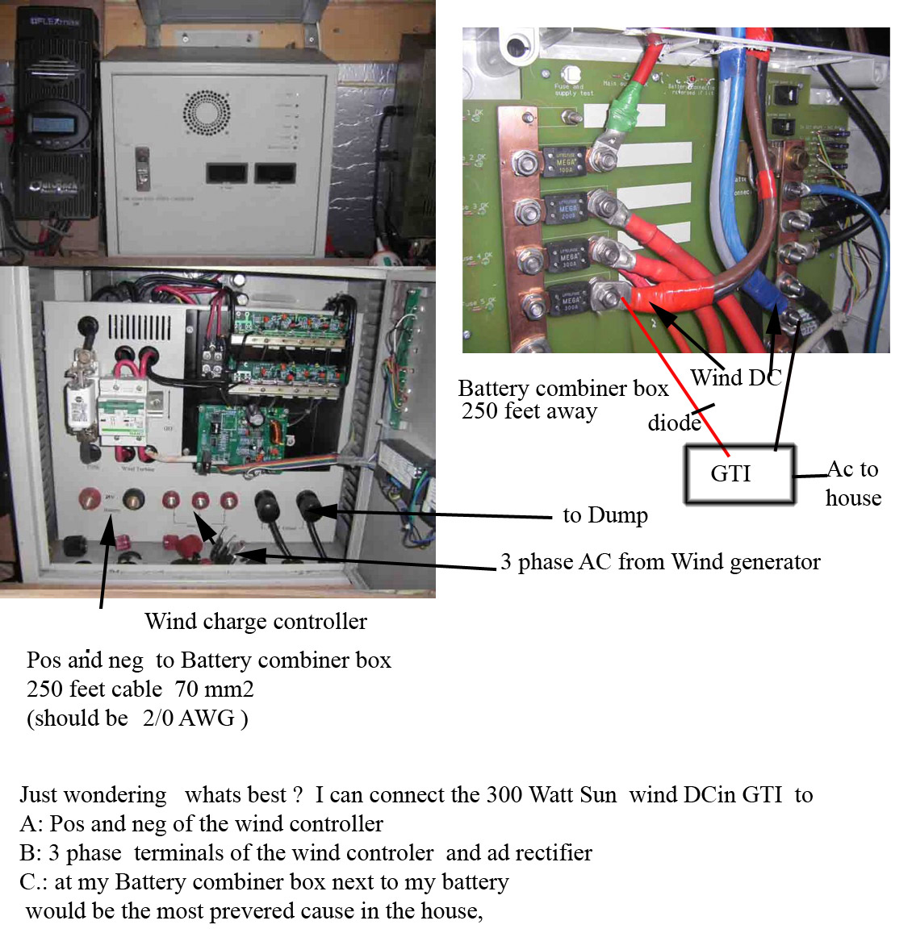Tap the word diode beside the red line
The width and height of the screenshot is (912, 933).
pyautogui.click(x=674, y=423)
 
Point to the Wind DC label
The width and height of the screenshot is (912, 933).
pyautogui.click(x=735, y=377)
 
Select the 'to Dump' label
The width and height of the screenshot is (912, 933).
pyautogui.click(x=605, y=515)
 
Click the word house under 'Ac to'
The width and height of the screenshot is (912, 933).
pyautogui.click(x=853, y=498)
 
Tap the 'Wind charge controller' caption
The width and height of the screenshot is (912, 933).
pyautogui.click(x=256, y=622)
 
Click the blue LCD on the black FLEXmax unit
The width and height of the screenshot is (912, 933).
pyautogui.click(x=52, y=126)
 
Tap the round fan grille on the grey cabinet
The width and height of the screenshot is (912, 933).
pyautogui.click(x=207, y=112)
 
